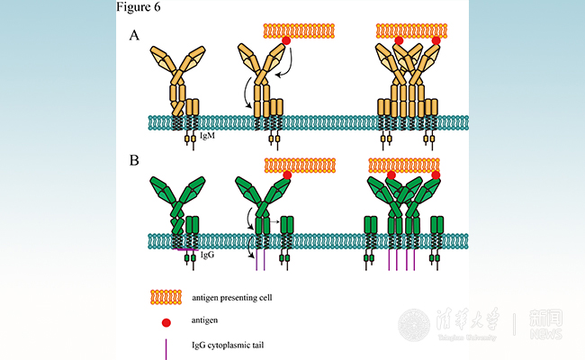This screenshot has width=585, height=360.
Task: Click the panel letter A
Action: (x=135, y=36)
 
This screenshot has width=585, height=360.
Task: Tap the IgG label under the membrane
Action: (x=206, y=256)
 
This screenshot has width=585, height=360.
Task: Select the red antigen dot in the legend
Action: (x=166, y=321)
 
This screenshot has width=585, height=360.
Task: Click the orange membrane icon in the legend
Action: (x=166, y=297)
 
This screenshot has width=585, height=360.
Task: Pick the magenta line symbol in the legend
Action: (x=166, y=346)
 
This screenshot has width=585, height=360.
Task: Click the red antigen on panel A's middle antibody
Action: (x=286, y=41)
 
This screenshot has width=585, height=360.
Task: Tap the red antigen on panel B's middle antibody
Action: (x=287, y=175)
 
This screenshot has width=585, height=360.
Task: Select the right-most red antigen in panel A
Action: (x=436, y=41)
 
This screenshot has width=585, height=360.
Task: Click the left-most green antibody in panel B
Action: (x=179, y=207)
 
